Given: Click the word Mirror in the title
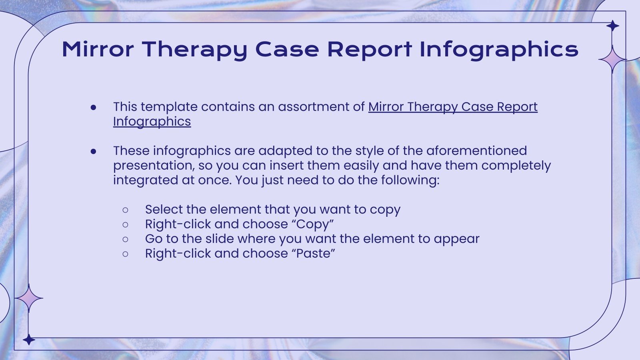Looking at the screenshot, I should pyautogui.click(x=98, y=49).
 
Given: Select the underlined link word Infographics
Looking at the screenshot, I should pyautogui.click(x=152, y=122).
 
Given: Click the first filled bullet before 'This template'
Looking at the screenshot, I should pyautogui.click(x=94, y=107).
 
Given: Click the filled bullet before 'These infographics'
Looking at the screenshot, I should pyautogui.click(x=94, y=151).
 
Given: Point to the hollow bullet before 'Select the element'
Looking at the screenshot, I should pyautogui.click(x=126, y=210).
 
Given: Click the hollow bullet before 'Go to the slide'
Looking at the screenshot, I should pyautogui.click(x=126, y=239).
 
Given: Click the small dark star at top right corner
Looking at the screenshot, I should pyautogui.click(x=612, y=26).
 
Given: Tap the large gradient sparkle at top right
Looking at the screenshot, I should pyautogui.click(x=612, y=59).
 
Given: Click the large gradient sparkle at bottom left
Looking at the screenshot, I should pyautogui.click(x=28, y=298).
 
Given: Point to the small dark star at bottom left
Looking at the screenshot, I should pyautogui.click(x=28, y=340).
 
